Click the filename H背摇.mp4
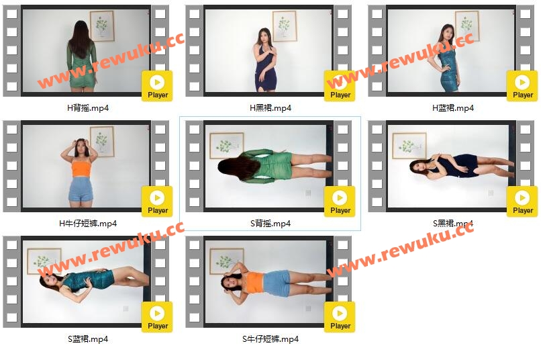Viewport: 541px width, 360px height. (88, 108)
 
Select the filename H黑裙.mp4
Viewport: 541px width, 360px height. (270, 108)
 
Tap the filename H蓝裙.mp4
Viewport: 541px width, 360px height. (453, 108)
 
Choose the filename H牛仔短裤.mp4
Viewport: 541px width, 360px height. (88, 224)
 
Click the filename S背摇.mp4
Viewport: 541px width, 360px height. (270, 224)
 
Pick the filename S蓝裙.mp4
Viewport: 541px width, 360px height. (88, 339)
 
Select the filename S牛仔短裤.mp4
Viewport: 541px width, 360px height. (270, 339)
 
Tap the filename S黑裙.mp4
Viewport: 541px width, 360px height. (453, 224)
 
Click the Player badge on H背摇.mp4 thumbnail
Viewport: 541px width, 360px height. (157, 86)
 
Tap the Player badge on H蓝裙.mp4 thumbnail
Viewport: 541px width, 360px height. (522, 86)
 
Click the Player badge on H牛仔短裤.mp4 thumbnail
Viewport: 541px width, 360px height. (157, 201)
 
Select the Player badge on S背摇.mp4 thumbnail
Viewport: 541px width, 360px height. (340, 201)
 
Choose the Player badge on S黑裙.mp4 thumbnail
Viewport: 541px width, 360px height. (522, 201)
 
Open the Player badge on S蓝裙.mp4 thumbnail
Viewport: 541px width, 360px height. (157, 317)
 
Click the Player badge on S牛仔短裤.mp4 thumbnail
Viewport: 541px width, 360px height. (340, 317)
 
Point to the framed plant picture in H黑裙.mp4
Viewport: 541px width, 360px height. (285, 26)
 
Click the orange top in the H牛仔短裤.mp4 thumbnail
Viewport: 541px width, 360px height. (81, 168)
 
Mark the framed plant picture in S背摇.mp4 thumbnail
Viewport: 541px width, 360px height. (227, 145)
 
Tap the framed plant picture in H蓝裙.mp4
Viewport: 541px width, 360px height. (467, 26)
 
